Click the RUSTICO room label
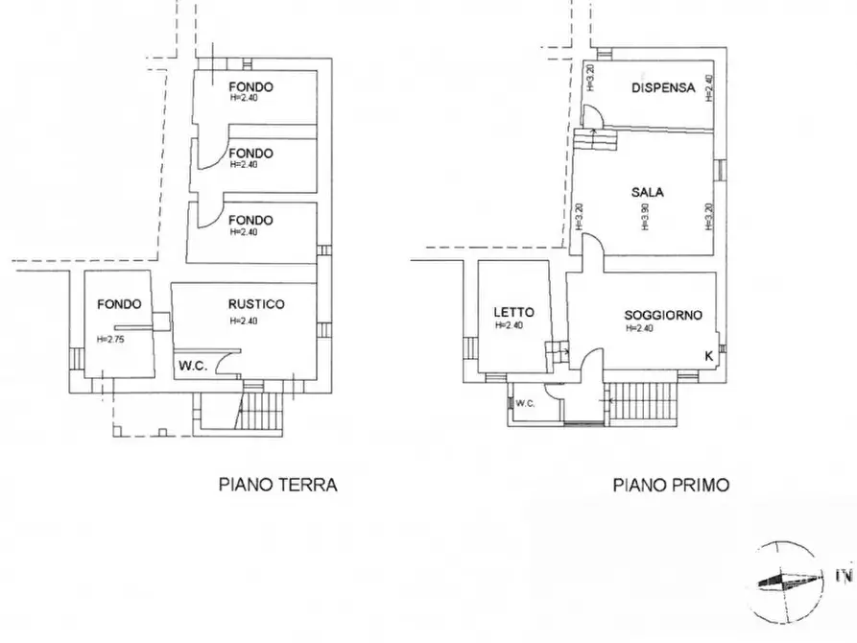[x=256, y=304]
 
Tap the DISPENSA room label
[x=663, y=87]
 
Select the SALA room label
[x=648, y=192]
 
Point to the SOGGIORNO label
[x=663, y=315]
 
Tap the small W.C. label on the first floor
[x=524, y=403]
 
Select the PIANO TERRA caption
[x=278, y=486]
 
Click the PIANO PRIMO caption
[x=671, y=486]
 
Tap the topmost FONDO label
[x=250, y=86]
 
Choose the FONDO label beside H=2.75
[x=119, y=304]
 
